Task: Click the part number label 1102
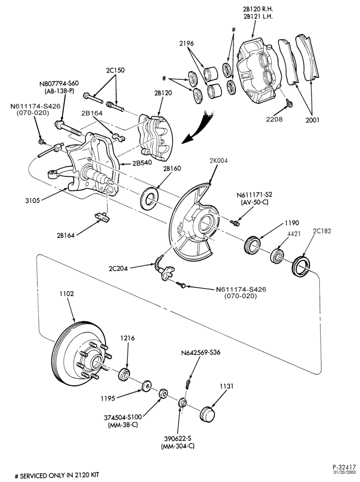coord(66,294)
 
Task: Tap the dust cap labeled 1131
coord(207,414)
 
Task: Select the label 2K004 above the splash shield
coord(219,161)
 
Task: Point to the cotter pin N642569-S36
coord(188,383)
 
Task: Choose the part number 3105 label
coord(32,201)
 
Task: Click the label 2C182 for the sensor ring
coord(322,231)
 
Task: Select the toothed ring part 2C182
coord(300,265)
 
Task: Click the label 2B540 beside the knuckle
coord(142,163)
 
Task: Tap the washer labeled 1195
coord(146,387)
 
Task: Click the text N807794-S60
coord(59,84)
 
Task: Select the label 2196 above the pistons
coord(187,44)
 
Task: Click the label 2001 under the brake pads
coord(313,120)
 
